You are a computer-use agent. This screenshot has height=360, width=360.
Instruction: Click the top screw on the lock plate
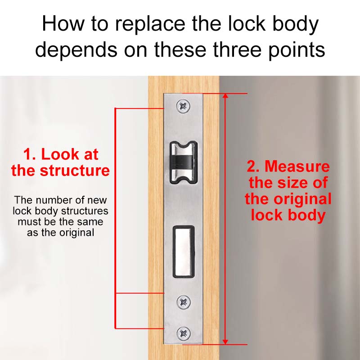tap(184, 106)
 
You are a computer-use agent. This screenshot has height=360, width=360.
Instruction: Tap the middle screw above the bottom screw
tap(184, 301)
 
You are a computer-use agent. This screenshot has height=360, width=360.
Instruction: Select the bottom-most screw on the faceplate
tap(184, 333)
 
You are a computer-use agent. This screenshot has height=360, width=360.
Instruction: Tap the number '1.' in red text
tap(30, 154)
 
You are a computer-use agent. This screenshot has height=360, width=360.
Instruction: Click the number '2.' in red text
tap(253, 166)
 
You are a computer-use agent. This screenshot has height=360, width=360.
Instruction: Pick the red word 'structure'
tap(74, 171)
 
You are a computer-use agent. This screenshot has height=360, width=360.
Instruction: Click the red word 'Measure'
tap(297, 166)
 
